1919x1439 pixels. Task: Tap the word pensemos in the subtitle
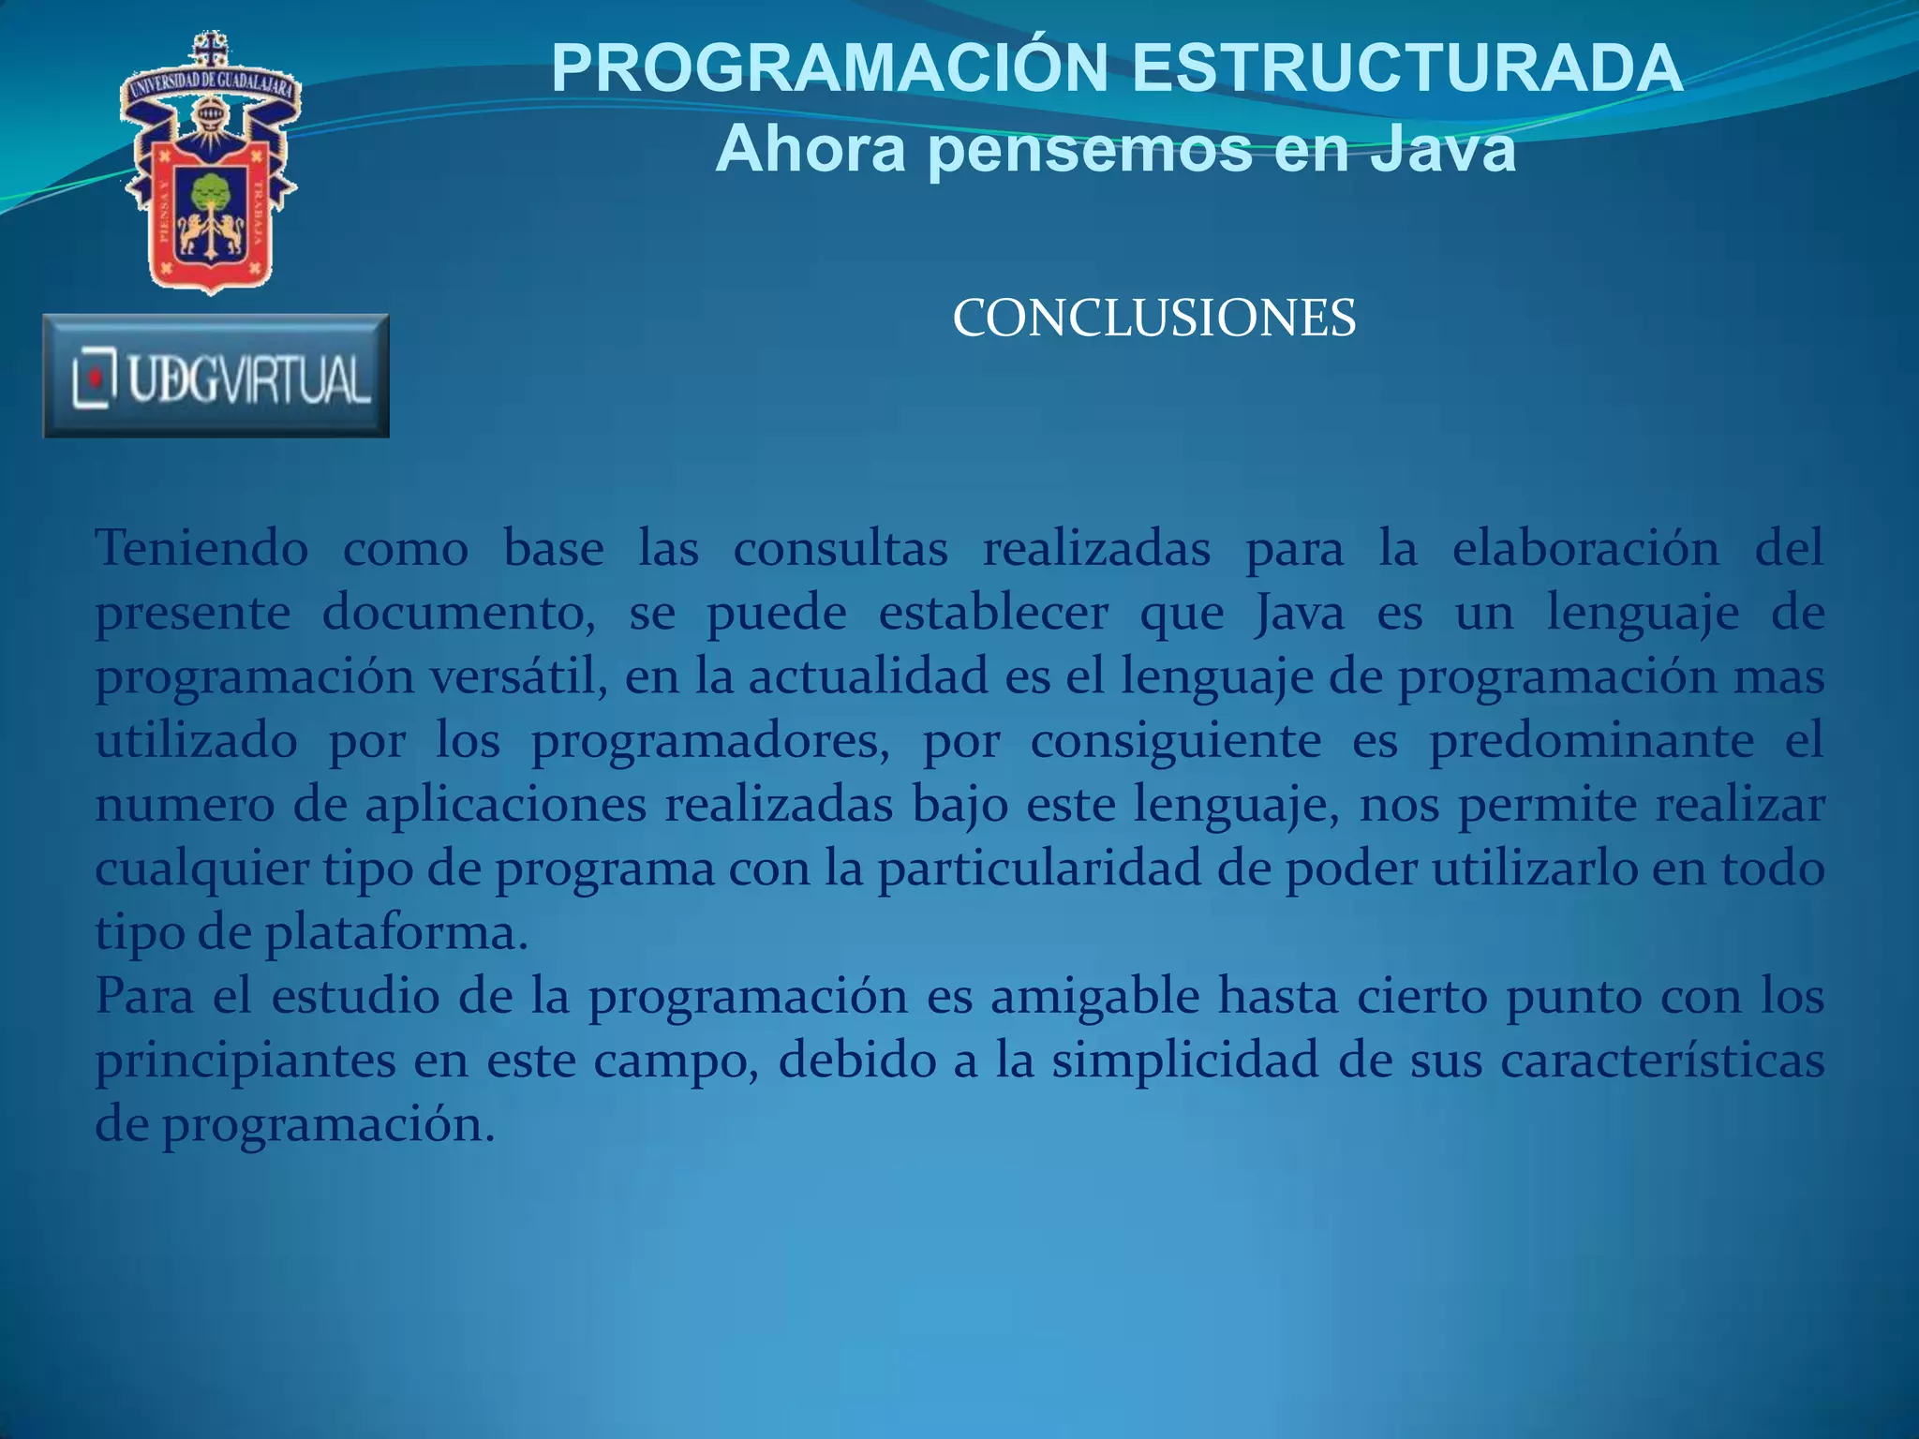tap(1091, 150)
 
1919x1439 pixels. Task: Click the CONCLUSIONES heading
tap(1153, 319)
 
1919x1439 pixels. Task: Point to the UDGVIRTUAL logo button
tap(216, 377)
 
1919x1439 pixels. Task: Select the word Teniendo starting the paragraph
tap(201, 548)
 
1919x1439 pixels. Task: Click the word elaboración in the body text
tap(1585, 548)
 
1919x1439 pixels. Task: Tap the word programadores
tap(710, 741)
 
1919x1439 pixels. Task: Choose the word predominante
tap(1591, 741)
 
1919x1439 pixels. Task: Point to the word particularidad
tap(1039, 868)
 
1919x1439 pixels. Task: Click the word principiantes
tap(245, 1061)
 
